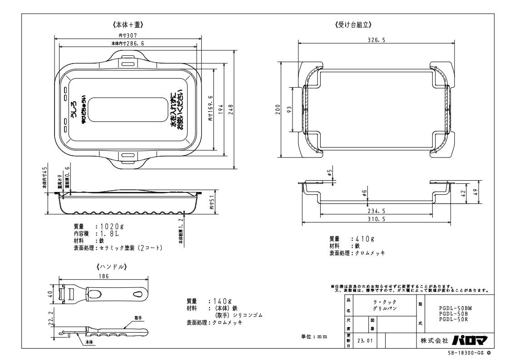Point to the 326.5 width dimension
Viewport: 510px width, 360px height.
(376, 40)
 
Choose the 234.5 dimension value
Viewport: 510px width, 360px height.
(376, 211)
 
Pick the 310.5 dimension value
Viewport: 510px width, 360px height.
(376, 219)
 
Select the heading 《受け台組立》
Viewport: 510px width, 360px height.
(354, 24)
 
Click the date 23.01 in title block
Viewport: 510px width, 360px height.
(364, 340)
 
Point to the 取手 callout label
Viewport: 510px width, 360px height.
(139, 317)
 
